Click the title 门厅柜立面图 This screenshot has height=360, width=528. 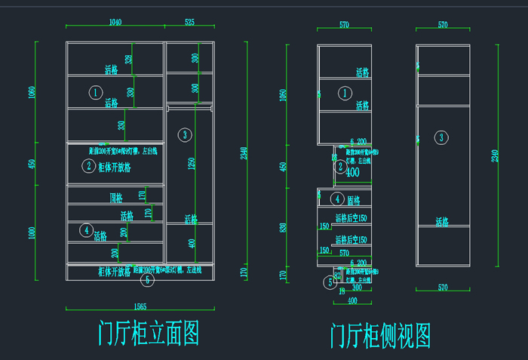(x=149, y=333)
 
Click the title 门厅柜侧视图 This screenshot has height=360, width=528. (x=381, y=335)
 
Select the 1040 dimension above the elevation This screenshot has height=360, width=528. (x=115, y=23)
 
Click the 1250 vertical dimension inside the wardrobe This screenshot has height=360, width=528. (x=192, y=164)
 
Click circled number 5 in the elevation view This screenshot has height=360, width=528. (x=147, y=279)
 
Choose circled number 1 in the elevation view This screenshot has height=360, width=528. (x=95, y=92)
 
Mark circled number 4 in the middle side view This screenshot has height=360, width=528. (x=338, y=198)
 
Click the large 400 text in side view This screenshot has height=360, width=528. (x=353, y=172)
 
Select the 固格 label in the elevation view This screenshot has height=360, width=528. (x=116, y=198)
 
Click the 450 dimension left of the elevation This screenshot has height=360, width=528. (x=32, y=164)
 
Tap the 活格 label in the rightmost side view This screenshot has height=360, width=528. (x=442, y=222)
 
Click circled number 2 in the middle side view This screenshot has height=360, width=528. (x=340, y=166)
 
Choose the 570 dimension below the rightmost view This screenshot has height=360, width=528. (x=443, y=288)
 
